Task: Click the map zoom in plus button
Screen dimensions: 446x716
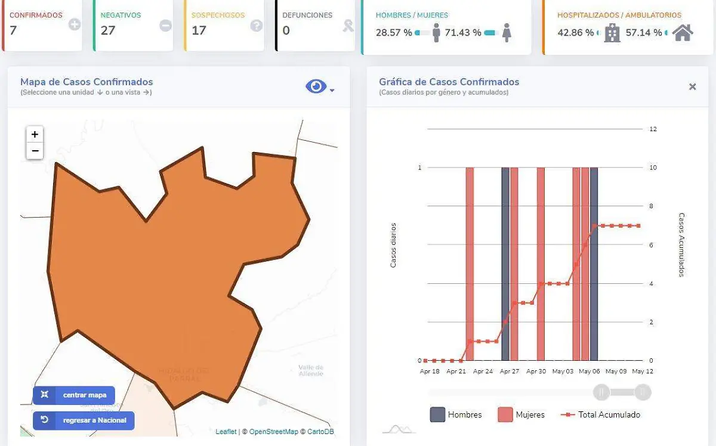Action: pyautogui.click(x=35, y=135)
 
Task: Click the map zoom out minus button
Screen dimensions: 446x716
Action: pyautogui.click(x=35, y=151)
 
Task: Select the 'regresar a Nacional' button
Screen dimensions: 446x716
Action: pyautogui.click(x=84, y=420)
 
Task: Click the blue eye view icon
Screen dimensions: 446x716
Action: pyautogui.click(x=316, y=87)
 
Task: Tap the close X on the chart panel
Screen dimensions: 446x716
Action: pyautogui.click(x=692, y=87)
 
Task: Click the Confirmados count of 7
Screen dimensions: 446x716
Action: pyautogui.click(x=13, y=30)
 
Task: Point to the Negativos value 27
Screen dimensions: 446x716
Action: pyautogui.click(x=107, y=30)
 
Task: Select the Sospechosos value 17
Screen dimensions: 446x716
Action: pyautogui.click(x=199, y=30)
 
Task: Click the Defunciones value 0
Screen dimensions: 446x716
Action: pyautogui.click(x=286, y=30)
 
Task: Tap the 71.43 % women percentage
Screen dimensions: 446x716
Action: pyautogui.click(x=462, y=33)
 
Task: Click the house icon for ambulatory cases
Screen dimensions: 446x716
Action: pyautogui.click(x=683, y=33)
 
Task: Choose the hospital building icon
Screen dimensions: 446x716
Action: pyautogui.click(x=612, y=33)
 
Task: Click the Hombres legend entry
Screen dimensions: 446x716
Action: pyautogui.click(x=456, y=414)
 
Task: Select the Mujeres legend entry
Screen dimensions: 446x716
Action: pyautogui.click(x=521, y=414)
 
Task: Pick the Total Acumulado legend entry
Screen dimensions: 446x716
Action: pyautogui.click(x=600, y=414)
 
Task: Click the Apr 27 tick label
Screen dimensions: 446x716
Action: pyautogui.click(x=510, y=371)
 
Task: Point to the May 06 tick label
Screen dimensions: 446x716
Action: pyautogui.click(x=589, y=371)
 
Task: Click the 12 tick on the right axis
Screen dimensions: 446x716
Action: pyautogui.click(x=653, y=129)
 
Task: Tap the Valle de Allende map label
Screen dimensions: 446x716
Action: pyautogui.click(x=311, y=370)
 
